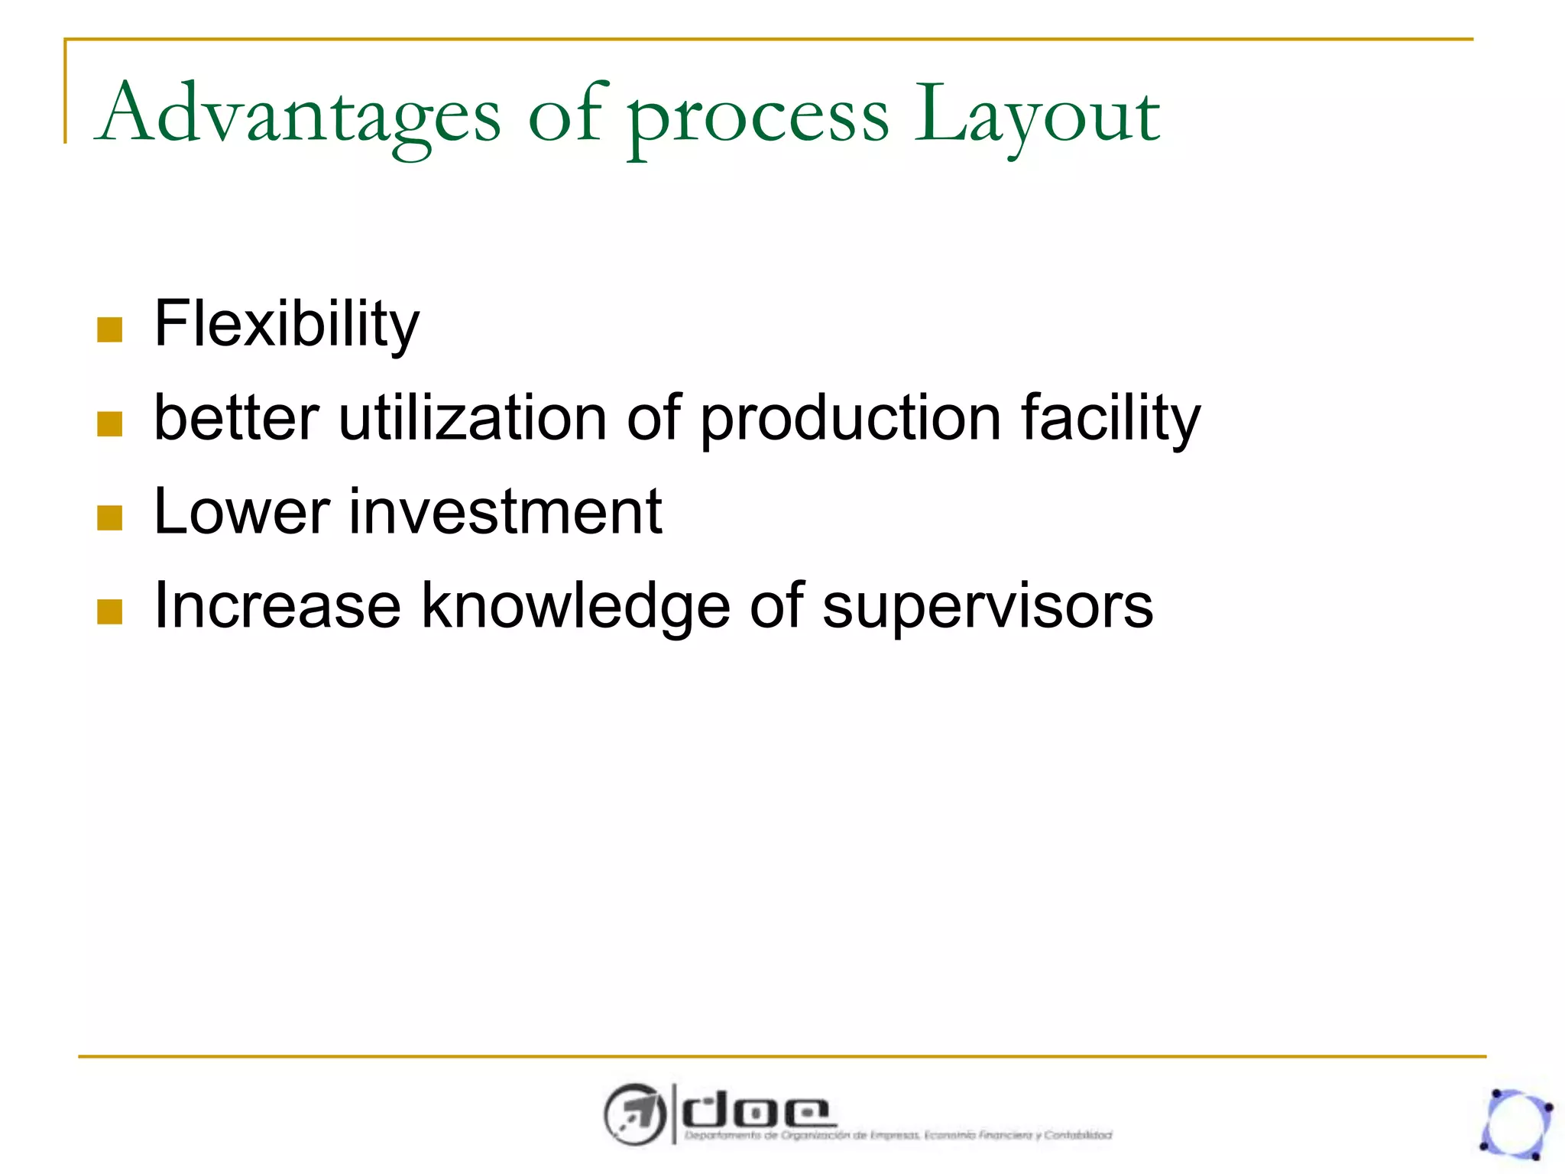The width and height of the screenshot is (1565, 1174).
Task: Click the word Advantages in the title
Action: (300, 115)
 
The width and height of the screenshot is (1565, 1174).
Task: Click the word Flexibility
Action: (287, 325)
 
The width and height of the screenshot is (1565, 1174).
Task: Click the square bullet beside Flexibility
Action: (110, 330)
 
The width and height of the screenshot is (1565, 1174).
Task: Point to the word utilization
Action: (472, 418)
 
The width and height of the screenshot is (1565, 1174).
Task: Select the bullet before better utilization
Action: (110, 424)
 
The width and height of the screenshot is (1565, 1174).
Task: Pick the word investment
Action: (505, 511)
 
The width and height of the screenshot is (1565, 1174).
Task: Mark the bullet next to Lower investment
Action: (110, 518)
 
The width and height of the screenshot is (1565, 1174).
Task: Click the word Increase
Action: (277, 605)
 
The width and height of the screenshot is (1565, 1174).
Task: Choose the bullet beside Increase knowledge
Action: (110, 612)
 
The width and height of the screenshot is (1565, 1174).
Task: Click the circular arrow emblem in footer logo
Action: (633, 1114)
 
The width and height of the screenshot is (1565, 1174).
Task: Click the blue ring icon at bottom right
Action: (1516, 1124)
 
